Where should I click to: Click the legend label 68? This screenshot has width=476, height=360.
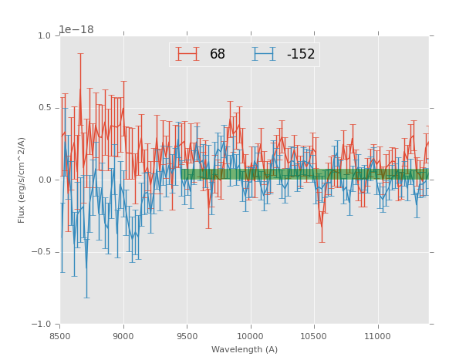coord(218,55)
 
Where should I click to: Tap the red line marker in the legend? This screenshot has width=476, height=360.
coord(187,55)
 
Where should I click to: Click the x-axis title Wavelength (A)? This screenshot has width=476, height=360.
coord(245,350)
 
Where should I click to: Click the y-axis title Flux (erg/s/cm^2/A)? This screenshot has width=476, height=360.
coord(22,180)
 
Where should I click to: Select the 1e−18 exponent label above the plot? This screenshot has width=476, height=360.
coord(76,30)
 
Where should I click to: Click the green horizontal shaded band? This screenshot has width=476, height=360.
coord(305,174)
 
